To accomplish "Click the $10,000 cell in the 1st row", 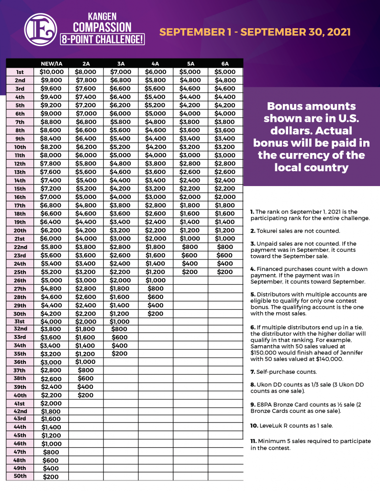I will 51,72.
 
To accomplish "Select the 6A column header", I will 225,64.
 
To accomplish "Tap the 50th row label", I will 20,476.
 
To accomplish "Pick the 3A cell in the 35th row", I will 121,354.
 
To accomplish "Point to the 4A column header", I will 155,64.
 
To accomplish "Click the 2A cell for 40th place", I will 86,395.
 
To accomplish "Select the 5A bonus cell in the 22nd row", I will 190,246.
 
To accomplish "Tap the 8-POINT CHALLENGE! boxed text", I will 102,39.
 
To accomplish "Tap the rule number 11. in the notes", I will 253,441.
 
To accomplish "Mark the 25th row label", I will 20,272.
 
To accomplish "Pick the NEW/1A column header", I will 51,64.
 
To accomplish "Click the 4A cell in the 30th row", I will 155,314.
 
